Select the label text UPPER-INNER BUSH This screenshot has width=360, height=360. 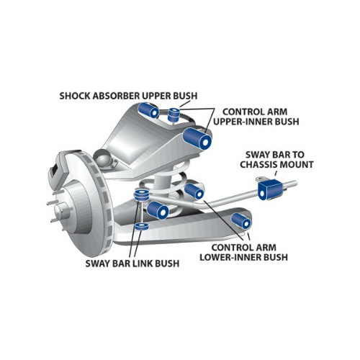(x=256, y=122)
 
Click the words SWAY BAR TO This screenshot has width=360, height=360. (x=275, y=155)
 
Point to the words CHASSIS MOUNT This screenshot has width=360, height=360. (x=276, y=165)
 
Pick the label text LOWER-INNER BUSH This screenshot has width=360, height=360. (x=243, y=257)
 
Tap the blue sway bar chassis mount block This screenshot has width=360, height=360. (x=271, y=189)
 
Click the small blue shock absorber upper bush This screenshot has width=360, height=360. (x=174, y=114)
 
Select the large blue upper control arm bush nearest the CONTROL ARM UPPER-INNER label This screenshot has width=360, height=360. (x=197, y=139)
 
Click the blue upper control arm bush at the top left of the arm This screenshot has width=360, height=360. (x=148, y=110)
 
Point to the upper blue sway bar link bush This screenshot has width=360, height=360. (x=141, y=195)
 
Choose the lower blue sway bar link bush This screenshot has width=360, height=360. (x=141, y=226)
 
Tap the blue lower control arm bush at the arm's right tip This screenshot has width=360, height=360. (x=241, y=221)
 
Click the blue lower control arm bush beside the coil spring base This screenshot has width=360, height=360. (x=158, y=210)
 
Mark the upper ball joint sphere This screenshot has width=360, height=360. (x=104, y=159)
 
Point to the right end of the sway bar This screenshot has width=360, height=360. (x=296, y=184)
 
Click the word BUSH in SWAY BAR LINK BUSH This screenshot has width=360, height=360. (x=167, y=264)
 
